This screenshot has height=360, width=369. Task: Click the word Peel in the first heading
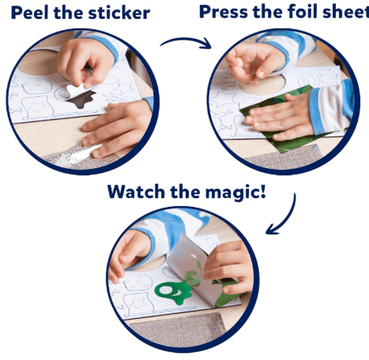[x=30, y=13]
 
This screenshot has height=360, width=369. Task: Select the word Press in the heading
[x=224, y=12]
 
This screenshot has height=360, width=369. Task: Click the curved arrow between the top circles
[x=186, y=43]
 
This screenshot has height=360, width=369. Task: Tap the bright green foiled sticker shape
[x=172, y=293]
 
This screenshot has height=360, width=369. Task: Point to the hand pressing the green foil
[x=279, y=117]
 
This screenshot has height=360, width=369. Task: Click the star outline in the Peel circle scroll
[x=37, y=107]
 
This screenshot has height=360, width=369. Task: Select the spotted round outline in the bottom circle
[x=137, y=283]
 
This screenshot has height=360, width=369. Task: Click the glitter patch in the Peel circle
[x=79, y=156]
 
